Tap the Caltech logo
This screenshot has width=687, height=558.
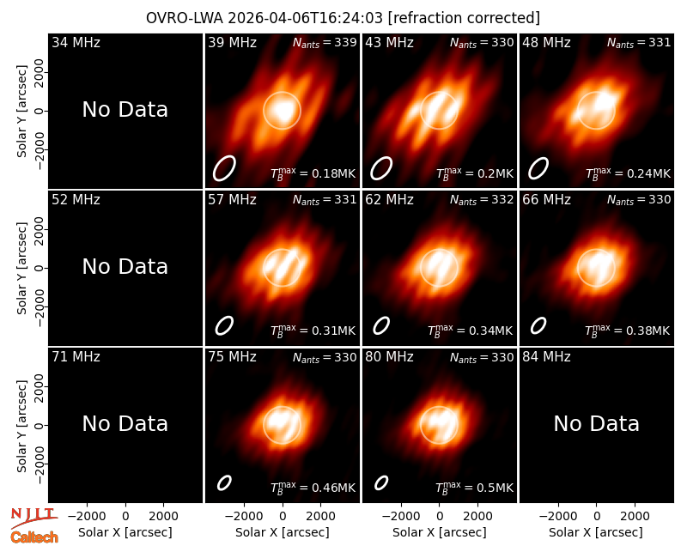tap(34, 537)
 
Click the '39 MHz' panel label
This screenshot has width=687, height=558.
tap(232, 42)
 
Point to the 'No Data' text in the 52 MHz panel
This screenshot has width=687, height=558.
tap(125, 266)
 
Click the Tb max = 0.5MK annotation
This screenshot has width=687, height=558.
tap(474, 488)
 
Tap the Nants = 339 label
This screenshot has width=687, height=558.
tap(325, 42)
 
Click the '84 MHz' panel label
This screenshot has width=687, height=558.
tap(546, 357)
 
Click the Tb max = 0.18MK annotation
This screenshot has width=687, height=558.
tap(313, 173)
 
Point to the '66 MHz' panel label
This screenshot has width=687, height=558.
tap(546, 200)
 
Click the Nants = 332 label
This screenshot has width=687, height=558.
tap(482, 200)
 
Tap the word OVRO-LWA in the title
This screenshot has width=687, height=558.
tap(185, 18)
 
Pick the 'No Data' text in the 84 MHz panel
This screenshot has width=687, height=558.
tap(596, 423)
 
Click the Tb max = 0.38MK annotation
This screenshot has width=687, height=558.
tap(628, 331)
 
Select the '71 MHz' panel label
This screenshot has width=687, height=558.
tap(76, 357)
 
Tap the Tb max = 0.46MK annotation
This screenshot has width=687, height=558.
tap(313, 488)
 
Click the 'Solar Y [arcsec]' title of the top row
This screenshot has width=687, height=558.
tap(22, 112)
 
